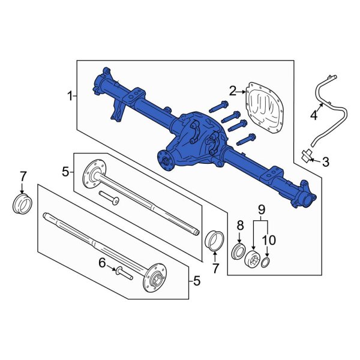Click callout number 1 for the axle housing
70,95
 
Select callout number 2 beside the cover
233,91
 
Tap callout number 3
325,161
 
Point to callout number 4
313,114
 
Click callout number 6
102,262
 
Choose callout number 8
239,226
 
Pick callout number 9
261,209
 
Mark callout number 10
269,240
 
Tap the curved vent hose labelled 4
326,105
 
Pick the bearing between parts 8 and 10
253,259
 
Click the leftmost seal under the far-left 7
22,203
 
